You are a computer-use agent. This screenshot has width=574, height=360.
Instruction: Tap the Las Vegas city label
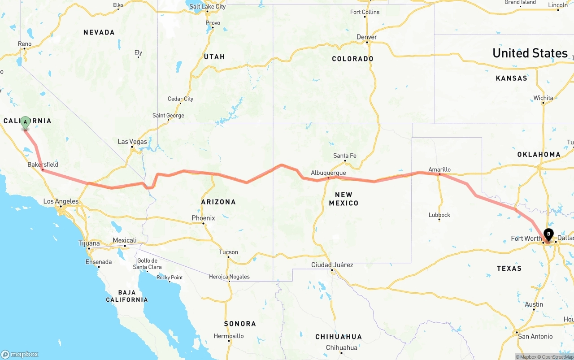(132, 142)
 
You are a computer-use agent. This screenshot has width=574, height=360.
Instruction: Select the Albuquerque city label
(328, 173)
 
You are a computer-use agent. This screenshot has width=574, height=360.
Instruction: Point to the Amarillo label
(439, 169)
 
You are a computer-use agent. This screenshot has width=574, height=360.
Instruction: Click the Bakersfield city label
(43, 165)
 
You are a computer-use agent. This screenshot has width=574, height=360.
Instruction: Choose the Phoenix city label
(203, 218)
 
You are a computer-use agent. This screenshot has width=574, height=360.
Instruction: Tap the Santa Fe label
(344, 156)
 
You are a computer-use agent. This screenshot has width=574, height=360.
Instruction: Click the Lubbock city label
(439, 215)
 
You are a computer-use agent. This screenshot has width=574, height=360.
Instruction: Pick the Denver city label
(367, 37)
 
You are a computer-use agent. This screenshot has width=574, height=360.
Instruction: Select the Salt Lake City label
(208, 7)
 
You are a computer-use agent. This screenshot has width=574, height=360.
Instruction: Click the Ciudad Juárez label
(332, 265)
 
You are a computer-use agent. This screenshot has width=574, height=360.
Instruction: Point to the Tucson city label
(228, 252)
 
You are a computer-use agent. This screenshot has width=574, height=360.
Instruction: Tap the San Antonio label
(535, 336)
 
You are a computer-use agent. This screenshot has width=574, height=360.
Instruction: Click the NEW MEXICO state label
(344, 199)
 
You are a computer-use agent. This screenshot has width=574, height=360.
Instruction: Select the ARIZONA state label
(218, 202)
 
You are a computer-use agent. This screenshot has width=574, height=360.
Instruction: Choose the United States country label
(530, 53)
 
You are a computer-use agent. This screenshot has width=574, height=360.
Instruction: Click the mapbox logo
(20, 354)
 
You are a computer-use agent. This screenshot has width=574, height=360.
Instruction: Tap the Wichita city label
(543, 98)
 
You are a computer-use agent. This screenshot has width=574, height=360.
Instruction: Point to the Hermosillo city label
(229, 336)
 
